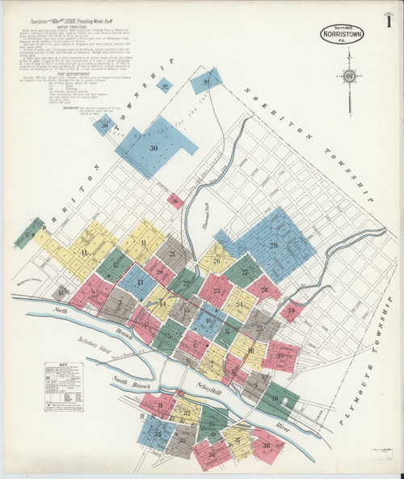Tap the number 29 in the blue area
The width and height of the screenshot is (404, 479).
click(x=272, y=245)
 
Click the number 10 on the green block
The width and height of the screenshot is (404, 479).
click(x=275, y=397)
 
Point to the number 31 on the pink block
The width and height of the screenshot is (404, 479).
click(x=160, y=405)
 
